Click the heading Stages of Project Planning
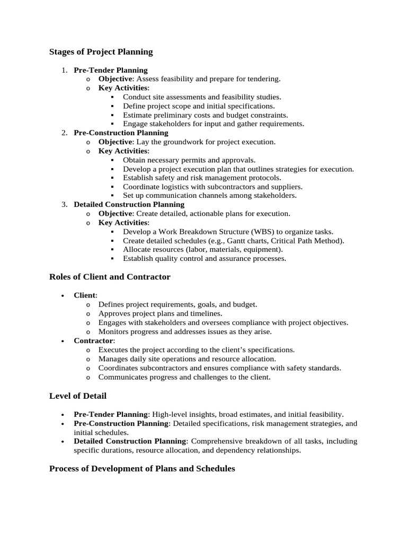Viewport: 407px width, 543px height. point(101,52)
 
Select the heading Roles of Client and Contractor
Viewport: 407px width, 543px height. point(110,277)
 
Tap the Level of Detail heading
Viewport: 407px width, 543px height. point(78,396)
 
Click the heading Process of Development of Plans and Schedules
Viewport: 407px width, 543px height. point(142,469)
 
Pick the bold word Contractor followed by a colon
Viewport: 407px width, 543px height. point(93,340)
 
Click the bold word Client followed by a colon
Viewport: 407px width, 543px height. point(85,295)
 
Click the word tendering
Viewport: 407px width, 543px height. point(263,79)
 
